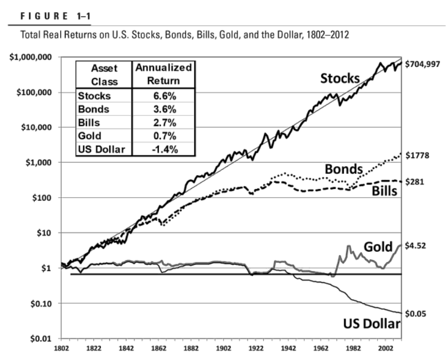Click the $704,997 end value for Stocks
click(x=423, y=63)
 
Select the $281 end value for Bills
click(x=415, y=181)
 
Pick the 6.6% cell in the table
click(x=163, y=96)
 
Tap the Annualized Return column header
click(x=163, y=74)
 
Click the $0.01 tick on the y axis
click(x=40, y=338)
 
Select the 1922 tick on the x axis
click(x=256, y=349)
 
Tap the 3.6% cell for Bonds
click(x=163, y=109)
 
